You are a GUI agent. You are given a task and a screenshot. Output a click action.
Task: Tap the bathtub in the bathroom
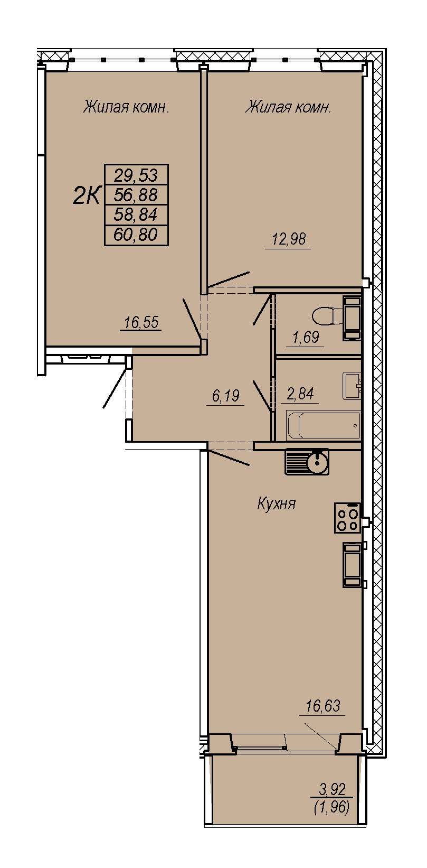coord(323,425)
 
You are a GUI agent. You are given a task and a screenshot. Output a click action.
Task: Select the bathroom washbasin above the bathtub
coord(352,386)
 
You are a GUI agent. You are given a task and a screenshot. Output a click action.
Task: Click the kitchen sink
coord(307,462)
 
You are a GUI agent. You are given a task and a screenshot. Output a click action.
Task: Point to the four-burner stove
coord(348,518)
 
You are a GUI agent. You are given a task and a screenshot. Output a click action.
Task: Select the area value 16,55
coord(141,322)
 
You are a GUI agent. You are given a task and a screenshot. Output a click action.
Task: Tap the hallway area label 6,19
coord(226,396)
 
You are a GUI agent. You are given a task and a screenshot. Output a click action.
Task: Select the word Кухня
coord(277,504)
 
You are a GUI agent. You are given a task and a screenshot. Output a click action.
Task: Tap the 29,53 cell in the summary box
coord(136,175)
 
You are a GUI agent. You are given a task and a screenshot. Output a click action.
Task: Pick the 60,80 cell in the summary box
coord(136,235)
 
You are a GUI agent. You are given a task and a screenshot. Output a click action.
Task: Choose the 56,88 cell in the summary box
coord(136,195)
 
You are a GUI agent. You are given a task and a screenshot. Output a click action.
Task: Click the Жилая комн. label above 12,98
coord(288,107)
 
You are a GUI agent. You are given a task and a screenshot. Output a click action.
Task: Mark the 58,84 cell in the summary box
coord(136,214)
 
